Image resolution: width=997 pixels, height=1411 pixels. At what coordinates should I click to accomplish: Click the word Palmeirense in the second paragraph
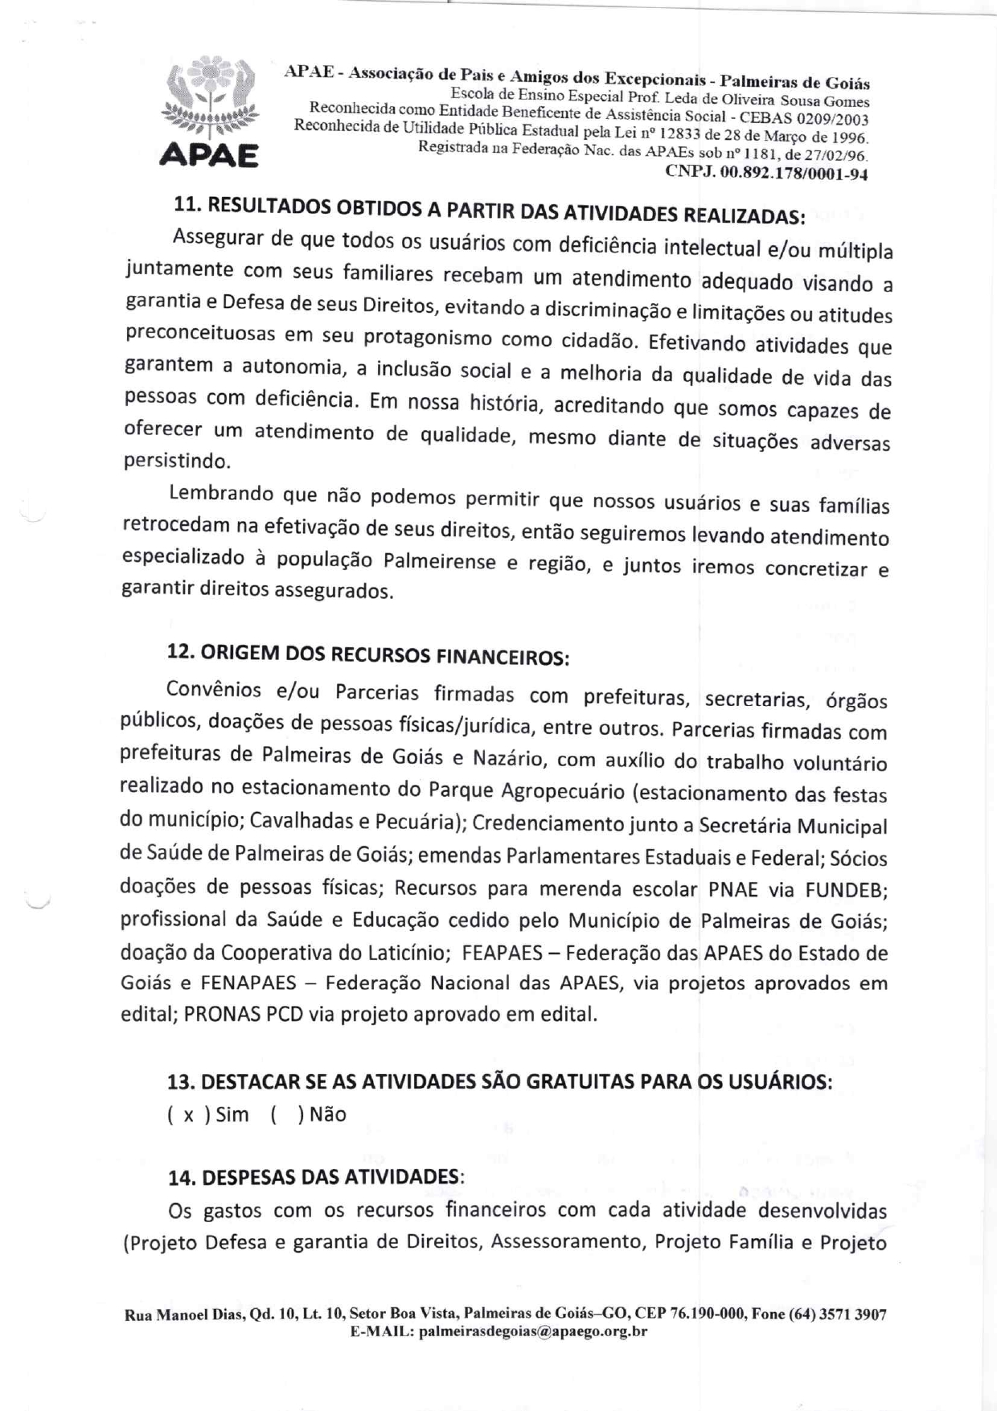[439, 560]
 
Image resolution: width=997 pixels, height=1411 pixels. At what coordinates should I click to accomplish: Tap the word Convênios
[213, 690]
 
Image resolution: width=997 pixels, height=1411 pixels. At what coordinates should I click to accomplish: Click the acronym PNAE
[732, 889]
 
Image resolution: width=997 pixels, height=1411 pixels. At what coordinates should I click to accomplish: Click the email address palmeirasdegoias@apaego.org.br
[533, 1331]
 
